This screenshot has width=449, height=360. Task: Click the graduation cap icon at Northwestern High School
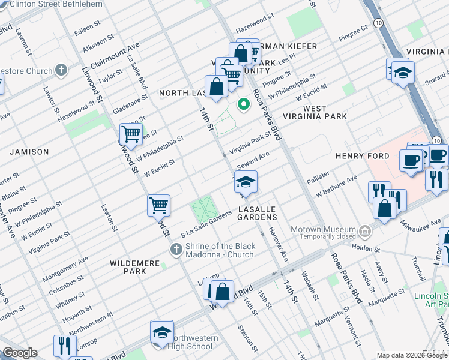tap(161, 332)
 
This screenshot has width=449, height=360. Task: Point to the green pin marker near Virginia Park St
tap(243, 105)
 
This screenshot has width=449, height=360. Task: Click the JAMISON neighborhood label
tap(29, 152)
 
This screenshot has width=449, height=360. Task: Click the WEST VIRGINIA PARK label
tap(315, 113)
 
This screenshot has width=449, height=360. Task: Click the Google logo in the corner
tap(19, 353)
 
